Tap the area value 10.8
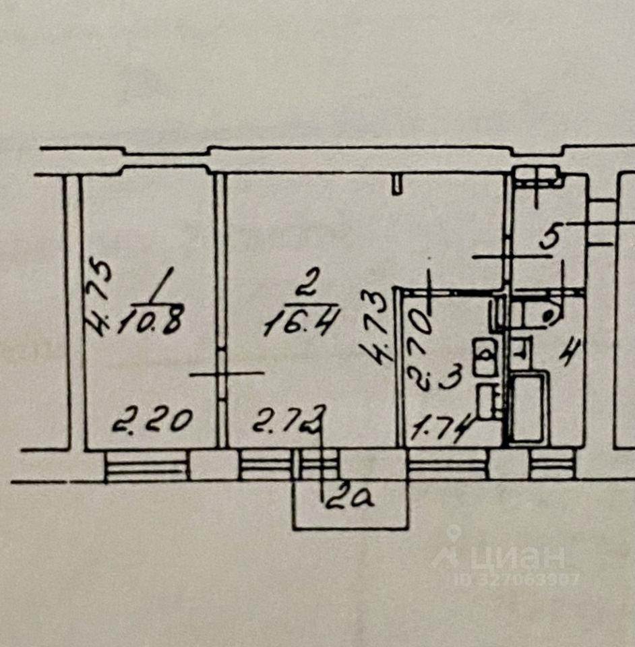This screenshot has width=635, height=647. point(150,322)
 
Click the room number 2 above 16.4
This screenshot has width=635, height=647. point(305,285)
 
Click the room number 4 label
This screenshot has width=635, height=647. point(570,352)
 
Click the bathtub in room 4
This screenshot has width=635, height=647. point(528,409)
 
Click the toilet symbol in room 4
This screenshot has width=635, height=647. point(520,349)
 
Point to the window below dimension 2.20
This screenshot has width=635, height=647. point(146,465)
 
